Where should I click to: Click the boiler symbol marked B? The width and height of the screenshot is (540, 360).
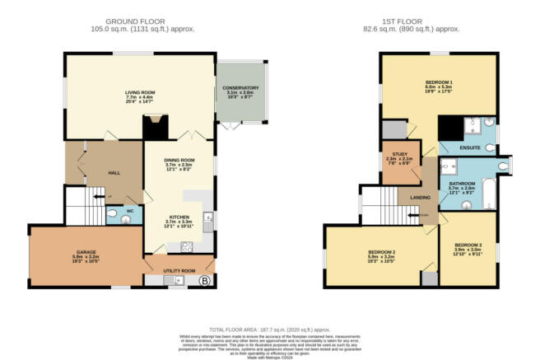click(204, 281)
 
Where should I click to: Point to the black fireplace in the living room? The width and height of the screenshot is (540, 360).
click(154, 127)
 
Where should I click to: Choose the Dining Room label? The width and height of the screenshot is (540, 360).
click(179, 160)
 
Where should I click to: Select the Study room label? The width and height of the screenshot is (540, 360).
click(400, 153)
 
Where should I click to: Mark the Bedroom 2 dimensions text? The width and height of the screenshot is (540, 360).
click(378, 259)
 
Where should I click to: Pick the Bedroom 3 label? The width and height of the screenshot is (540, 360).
click(468, 246)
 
